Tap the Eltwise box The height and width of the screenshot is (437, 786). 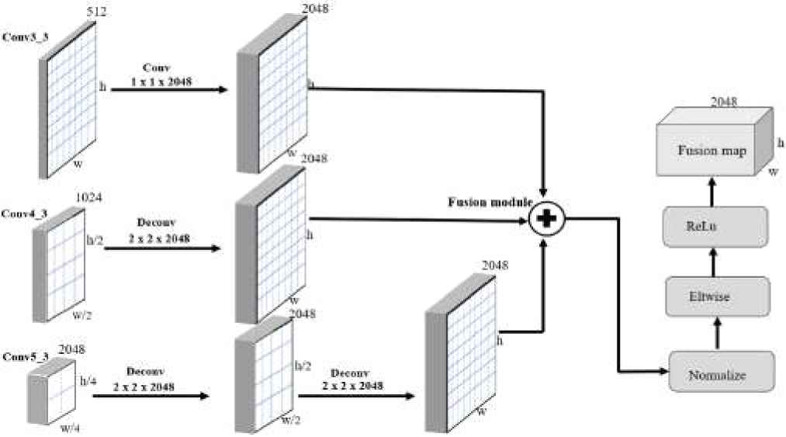tap(718, 296)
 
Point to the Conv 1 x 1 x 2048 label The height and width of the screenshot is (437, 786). tap(171, 75)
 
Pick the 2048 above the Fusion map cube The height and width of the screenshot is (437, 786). tap(722, 101)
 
